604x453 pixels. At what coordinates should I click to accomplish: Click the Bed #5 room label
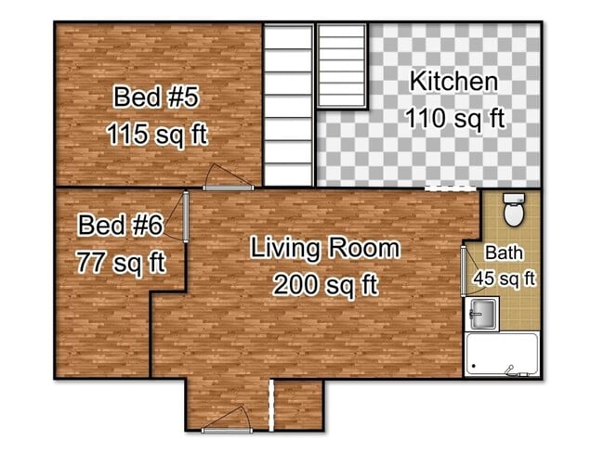point(156,97)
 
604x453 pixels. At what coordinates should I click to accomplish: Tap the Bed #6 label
point(121,226)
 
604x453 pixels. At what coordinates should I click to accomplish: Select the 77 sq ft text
point(121,261)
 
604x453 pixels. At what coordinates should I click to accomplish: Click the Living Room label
point(325,249)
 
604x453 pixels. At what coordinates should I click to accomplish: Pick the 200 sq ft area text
point(325,285)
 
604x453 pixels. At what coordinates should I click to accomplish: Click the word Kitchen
point(453,81)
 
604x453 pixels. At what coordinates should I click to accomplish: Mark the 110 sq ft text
point(453,118)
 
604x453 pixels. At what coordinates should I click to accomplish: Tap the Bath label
point(503,252)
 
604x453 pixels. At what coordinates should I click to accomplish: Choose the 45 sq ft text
point(505,277)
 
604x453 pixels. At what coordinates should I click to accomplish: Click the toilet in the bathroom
point(513,210)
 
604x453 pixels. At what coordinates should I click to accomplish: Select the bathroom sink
point(482,315)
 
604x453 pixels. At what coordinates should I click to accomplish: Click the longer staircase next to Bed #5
point(287,104)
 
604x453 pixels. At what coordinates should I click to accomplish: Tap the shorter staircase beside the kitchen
point(343,64)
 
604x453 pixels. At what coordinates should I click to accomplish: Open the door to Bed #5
point(227,179)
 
